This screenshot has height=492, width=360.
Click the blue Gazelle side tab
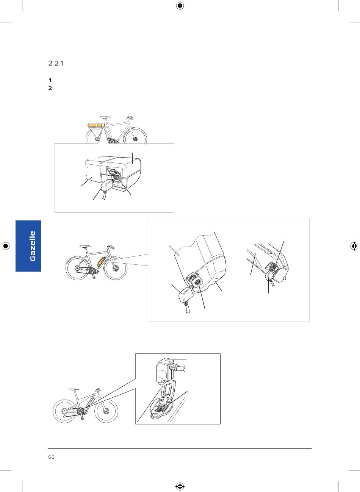click(28, 246)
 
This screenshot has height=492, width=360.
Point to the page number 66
click(51, 457)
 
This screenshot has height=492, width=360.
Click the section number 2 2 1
click(56, 64)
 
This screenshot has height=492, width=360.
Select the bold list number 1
click(50, 80)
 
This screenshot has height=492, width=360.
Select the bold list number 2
click(50, 88)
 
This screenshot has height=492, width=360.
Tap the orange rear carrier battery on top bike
click(96, 125)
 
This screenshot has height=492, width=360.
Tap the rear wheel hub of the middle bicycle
click(77, 268)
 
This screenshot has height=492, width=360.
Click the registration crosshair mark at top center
click(180, 6)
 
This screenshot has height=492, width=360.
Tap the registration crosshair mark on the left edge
click(6, 246)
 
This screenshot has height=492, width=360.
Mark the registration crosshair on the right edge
click(354, 246)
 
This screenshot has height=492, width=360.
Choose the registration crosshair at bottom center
click(180, 486)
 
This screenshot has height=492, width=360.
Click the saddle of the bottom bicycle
click(74, 389)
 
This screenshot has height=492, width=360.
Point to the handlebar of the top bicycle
click(130, 118)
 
